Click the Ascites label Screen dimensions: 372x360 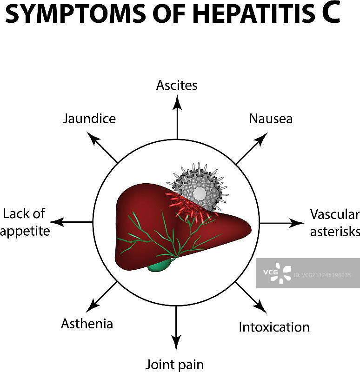(x=177, y=86)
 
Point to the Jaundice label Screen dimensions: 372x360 (x=89, y=119)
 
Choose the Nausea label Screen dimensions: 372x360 (x=271, y=119)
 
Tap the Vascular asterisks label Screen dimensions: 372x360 (x=334, y=223)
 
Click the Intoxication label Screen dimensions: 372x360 (x=274, y=327)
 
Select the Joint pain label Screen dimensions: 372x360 (x=175, y=364)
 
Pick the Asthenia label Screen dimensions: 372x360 (x=87, y=324)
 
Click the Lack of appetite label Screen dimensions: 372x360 (x=25, y=222)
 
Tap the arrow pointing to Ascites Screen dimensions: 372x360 (x=177, y=116)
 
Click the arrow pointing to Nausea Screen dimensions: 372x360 (x=251, y=148)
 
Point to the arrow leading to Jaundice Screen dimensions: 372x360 (x=103, y=147)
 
